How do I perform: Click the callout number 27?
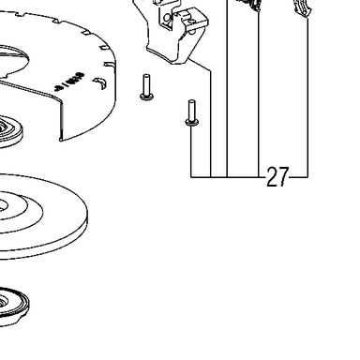pyautogui.click(x=277, y=177)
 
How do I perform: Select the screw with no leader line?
pyautogui.click(x=146, y=87)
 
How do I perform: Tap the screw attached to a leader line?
pyautogui.click(x=191, y=113)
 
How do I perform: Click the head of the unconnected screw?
pyautogui.click(x=146, y=97)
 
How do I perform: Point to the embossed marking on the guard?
pyautogui.click(x=70, y=82)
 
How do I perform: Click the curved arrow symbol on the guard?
pyautogui.click(x=100, y=83)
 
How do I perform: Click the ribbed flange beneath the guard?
pyautogui.click(x=10, y=132)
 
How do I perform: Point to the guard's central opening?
pyautogui.click(x=12, y=62)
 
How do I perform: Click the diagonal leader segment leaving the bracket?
pyautogui.click(x=200, y=65)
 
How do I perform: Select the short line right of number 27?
pyautogui.click(x=298, y=177)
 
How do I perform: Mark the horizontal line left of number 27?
pyautogui.click(x=228, y=177)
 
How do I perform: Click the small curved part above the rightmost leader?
pyautogui.click(x=302, y=8)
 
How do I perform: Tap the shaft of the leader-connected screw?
pyautogui.click(x=191, y=110)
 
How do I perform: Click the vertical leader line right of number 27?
pyautogui.click(x=308, y=97)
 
